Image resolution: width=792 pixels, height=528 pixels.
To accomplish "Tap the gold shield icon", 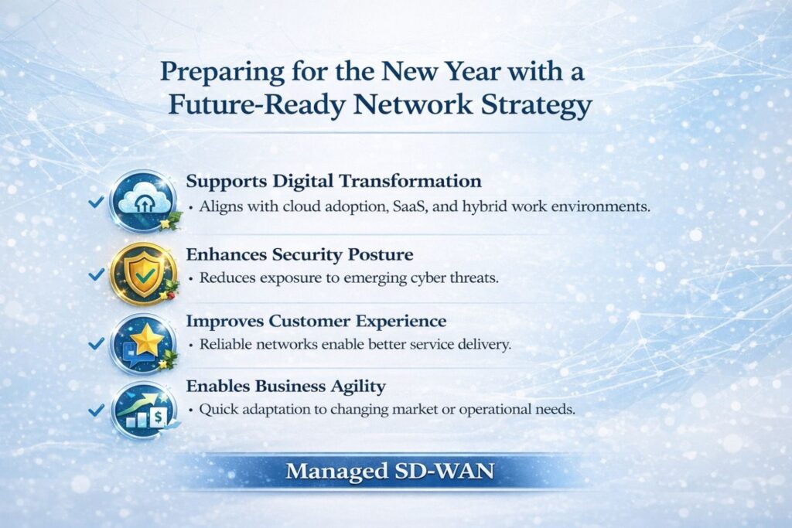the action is coord(144,274).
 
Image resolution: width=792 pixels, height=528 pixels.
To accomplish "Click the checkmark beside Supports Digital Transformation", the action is coord(96,202).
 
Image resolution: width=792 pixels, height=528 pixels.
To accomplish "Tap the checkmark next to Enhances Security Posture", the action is coord(96,274).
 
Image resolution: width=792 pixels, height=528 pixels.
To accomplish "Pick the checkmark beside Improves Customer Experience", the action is coord(96,344).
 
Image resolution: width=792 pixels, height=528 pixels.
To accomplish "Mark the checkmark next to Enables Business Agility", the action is coord(96,410).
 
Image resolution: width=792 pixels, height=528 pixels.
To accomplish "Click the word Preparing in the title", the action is coord(222,72).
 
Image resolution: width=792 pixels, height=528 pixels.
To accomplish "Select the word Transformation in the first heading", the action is coord(410,181).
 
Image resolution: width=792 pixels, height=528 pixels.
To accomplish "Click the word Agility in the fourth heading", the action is coord(357,387).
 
